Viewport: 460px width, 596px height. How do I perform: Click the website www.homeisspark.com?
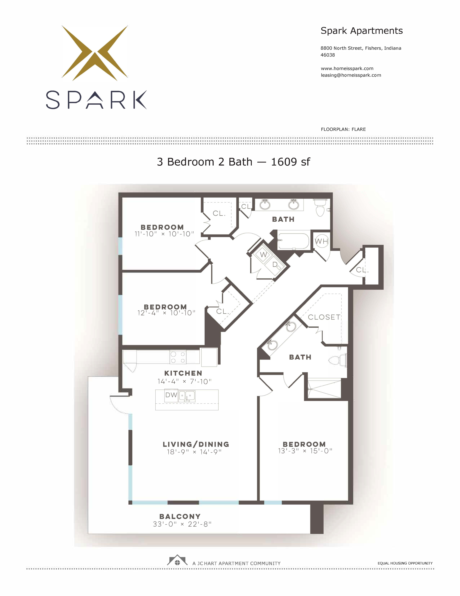(347, 69)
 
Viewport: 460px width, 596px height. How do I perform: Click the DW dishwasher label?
(171, 395)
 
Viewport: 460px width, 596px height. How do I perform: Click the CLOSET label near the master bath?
(324, 317)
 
